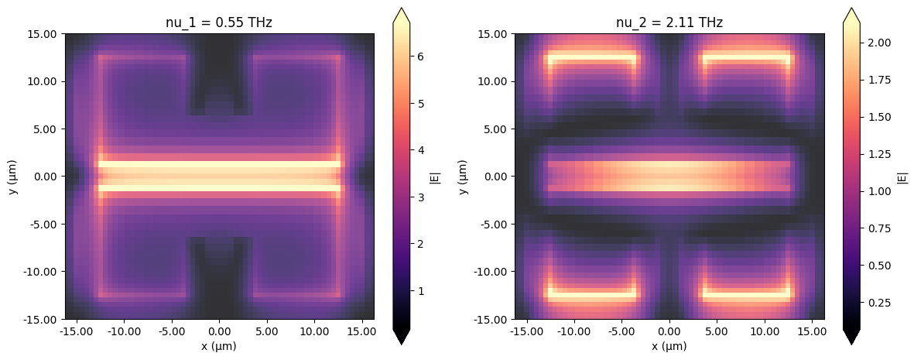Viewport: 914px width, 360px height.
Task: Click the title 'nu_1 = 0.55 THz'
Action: (x=219, y=23)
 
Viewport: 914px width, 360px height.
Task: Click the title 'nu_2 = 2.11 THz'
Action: (x=669, y=23)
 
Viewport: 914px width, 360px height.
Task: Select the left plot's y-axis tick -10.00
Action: (x=42, y=272)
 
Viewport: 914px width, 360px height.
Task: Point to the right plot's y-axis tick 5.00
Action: (x=497, y=129)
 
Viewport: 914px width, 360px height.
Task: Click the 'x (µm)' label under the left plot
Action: (x=219, y=346)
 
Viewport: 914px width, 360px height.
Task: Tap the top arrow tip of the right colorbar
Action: (x=851, y=8)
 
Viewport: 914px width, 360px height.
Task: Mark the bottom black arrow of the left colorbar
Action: (x=402, y=336)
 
